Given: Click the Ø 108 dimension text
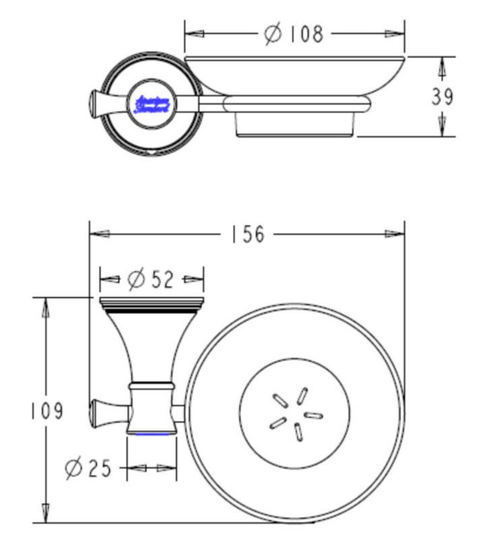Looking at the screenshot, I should (294, 34).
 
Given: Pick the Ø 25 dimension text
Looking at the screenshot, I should (88, 468).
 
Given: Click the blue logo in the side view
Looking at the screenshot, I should (153, 104).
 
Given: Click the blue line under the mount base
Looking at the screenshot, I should (152, 433).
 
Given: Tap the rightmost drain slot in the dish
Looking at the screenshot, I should (313, 415).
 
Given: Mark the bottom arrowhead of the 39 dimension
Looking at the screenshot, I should (442, 126).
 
